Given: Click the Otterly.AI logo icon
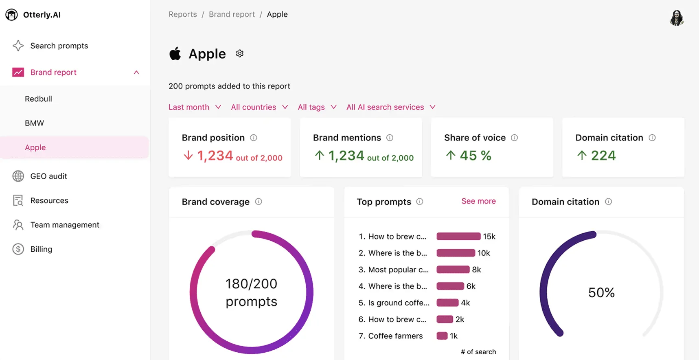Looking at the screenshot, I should (11, 15).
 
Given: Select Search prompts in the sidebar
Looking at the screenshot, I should (59, 46).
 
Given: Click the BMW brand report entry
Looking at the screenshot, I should (34, 123).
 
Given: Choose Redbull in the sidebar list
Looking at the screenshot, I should (38, 99).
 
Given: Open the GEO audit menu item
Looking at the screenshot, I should (48, 176).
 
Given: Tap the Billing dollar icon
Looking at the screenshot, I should (18, 249).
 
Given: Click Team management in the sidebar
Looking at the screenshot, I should (64, 225).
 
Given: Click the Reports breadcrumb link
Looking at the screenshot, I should (182, 15).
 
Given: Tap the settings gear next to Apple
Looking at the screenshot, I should (240, 54).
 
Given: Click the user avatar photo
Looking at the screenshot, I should (677, 18).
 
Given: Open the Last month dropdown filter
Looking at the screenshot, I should (195, 107).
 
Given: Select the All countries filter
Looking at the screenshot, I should (259, 107).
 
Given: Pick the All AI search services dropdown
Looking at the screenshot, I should (390, 107).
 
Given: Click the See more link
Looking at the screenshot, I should (478, 201).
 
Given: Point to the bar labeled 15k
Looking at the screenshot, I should (458, 237).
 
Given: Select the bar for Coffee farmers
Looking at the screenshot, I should (442, 336).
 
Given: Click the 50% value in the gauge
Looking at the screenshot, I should (601, 292).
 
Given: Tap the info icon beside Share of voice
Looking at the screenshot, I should (514, 138).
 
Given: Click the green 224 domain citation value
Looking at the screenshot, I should (603, 156).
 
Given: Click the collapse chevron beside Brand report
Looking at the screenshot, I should (136, 72).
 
